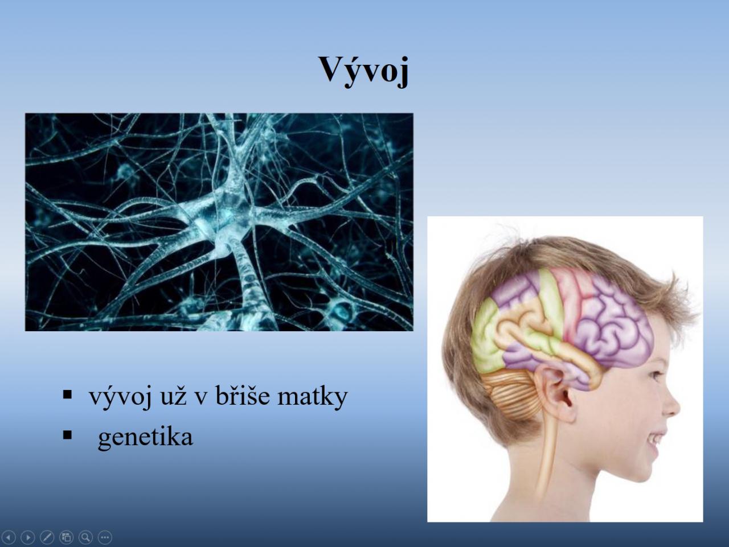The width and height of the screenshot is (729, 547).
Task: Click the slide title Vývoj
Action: click(x=364, y=71)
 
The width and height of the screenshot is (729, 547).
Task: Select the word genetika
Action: click(x=145, y=438)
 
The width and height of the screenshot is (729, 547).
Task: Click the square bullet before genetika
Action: click(x=67, y=435)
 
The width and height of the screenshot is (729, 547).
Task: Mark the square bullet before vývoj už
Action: click(x=67, y=394)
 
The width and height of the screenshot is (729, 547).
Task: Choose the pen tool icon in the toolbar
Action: click(x=47, y=537)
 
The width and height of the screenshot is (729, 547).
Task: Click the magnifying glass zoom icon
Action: click(x=85, y=537)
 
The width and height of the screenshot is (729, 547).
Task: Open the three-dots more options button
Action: click(x=105, y=537)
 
